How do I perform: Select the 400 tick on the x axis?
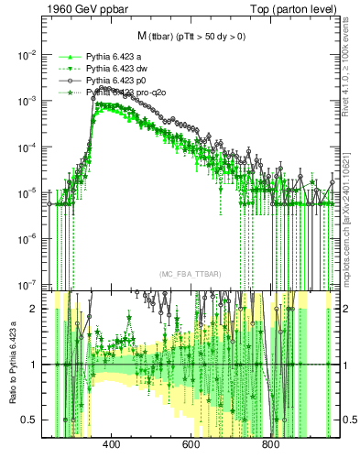(x=112, y=446)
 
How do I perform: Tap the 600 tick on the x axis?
(x=191, y=446)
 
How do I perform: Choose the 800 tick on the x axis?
(x=270, y=446)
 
